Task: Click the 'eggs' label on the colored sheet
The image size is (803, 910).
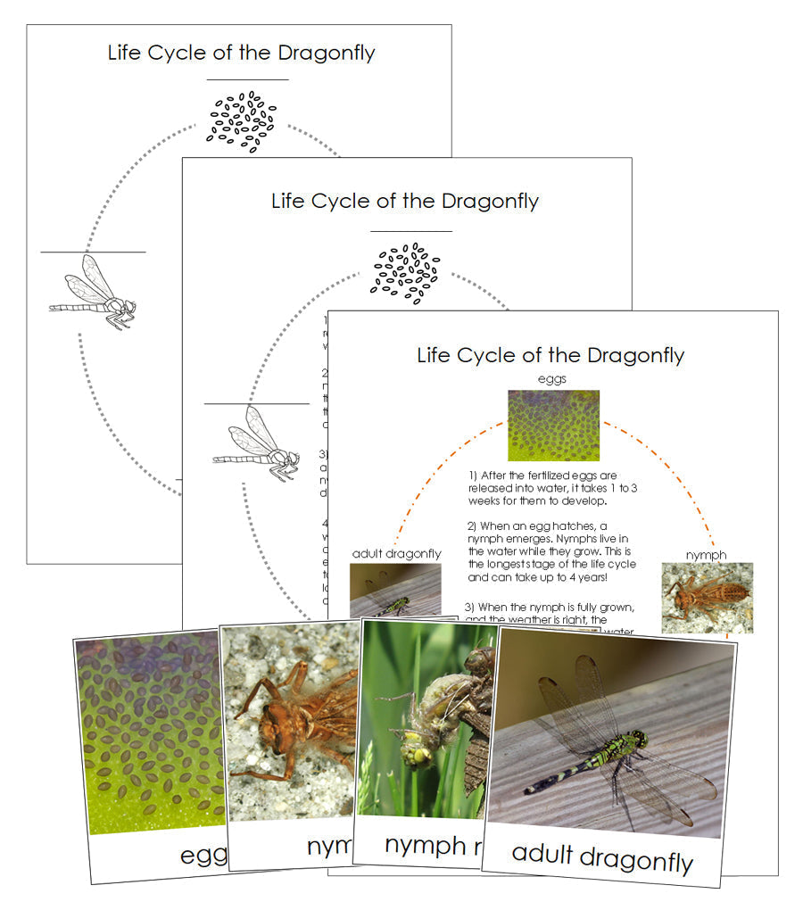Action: (552, 379)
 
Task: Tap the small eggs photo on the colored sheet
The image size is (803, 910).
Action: (553, 426)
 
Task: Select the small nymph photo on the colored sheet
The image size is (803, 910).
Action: (707, 597)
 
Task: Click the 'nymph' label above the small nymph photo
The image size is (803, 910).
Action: (706, 555)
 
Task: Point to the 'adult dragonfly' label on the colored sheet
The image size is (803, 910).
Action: (396, 554)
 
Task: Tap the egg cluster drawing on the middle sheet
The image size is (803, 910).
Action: (405, 270)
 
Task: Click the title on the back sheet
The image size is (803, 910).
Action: (241, 53)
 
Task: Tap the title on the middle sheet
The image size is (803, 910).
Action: (405, 201)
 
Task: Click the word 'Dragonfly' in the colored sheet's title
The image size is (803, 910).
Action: (633, 355)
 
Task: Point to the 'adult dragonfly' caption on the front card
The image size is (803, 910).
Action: (602, 857)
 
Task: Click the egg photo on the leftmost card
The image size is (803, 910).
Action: (147, 732)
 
